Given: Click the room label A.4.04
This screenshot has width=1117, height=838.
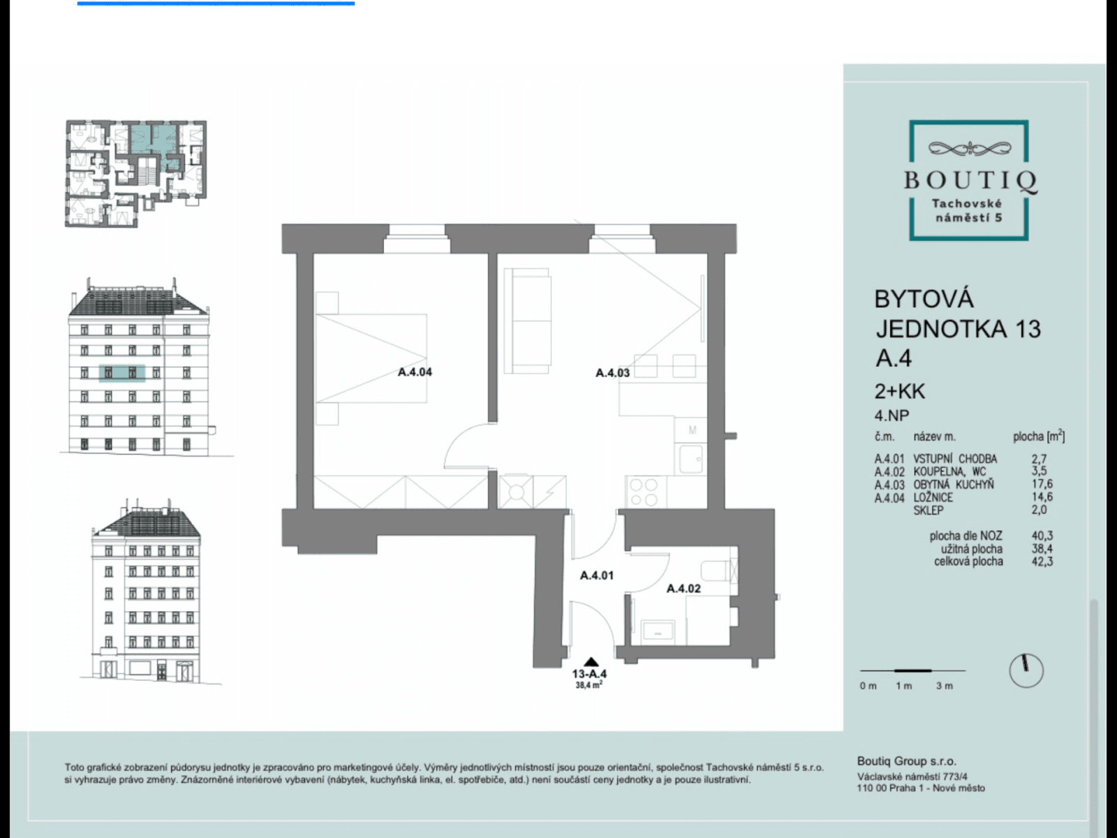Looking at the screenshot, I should pyautogui.click(x=415, y=372).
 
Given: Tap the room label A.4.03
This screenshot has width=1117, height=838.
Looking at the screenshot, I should pyautogui.click(x=612, y=373).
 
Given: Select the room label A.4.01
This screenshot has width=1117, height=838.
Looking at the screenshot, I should pyautogui.click(x=597, y=575).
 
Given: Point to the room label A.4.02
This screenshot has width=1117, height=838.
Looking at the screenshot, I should pyautogui.click(x=683, y=589).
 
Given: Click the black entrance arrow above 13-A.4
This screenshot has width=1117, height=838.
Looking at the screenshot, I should pyautogui.click(x=591, y=662).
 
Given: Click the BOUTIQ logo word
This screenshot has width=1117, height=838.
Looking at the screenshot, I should pyautogui.click(x=970, y=180).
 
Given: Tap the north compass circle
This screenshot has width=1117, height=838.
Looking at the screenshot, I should pyautogui.click(x=1026, y=670).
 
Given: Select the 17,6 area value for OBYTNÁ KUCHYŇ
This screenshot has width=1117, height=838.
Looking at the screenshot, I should pyautogui.click(x=1042, y=484).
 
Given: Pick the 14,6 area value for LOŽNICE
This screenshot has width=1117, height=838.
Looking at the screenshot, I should pyautogui.click(x=1042, y=497).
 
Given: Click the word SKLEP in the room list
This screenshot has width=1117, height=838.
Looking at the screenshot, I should pyautogui.click(x=929, y=510).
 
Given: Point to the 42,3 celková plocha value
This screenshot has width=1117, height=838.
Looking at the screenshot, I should pyautogui.click(x=1042, y=561).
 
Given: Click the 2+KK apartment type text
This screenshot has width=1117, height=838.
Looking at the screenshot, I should pyautogui.click(x=900, y=391).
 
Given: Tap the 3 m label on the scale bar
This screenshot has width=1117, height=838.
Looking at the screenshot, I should pyautogui.click(x=944, y=686).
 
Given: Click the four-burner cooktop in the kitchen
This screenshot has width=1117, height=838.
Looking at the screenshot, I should pyautogui.click(x=643, y=492).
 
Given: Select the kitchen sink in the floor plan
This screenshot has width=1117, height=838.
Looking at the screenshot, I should pyautogui.click(x=691, y=460).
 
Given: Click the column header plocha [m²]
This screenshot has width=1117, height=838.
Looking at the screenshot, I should pyautogui.click(x=1039, y=437).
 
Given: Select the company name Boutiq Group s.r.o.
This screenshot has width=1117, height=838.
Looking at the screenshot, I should pyautogui.click(x=906, y=761).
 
